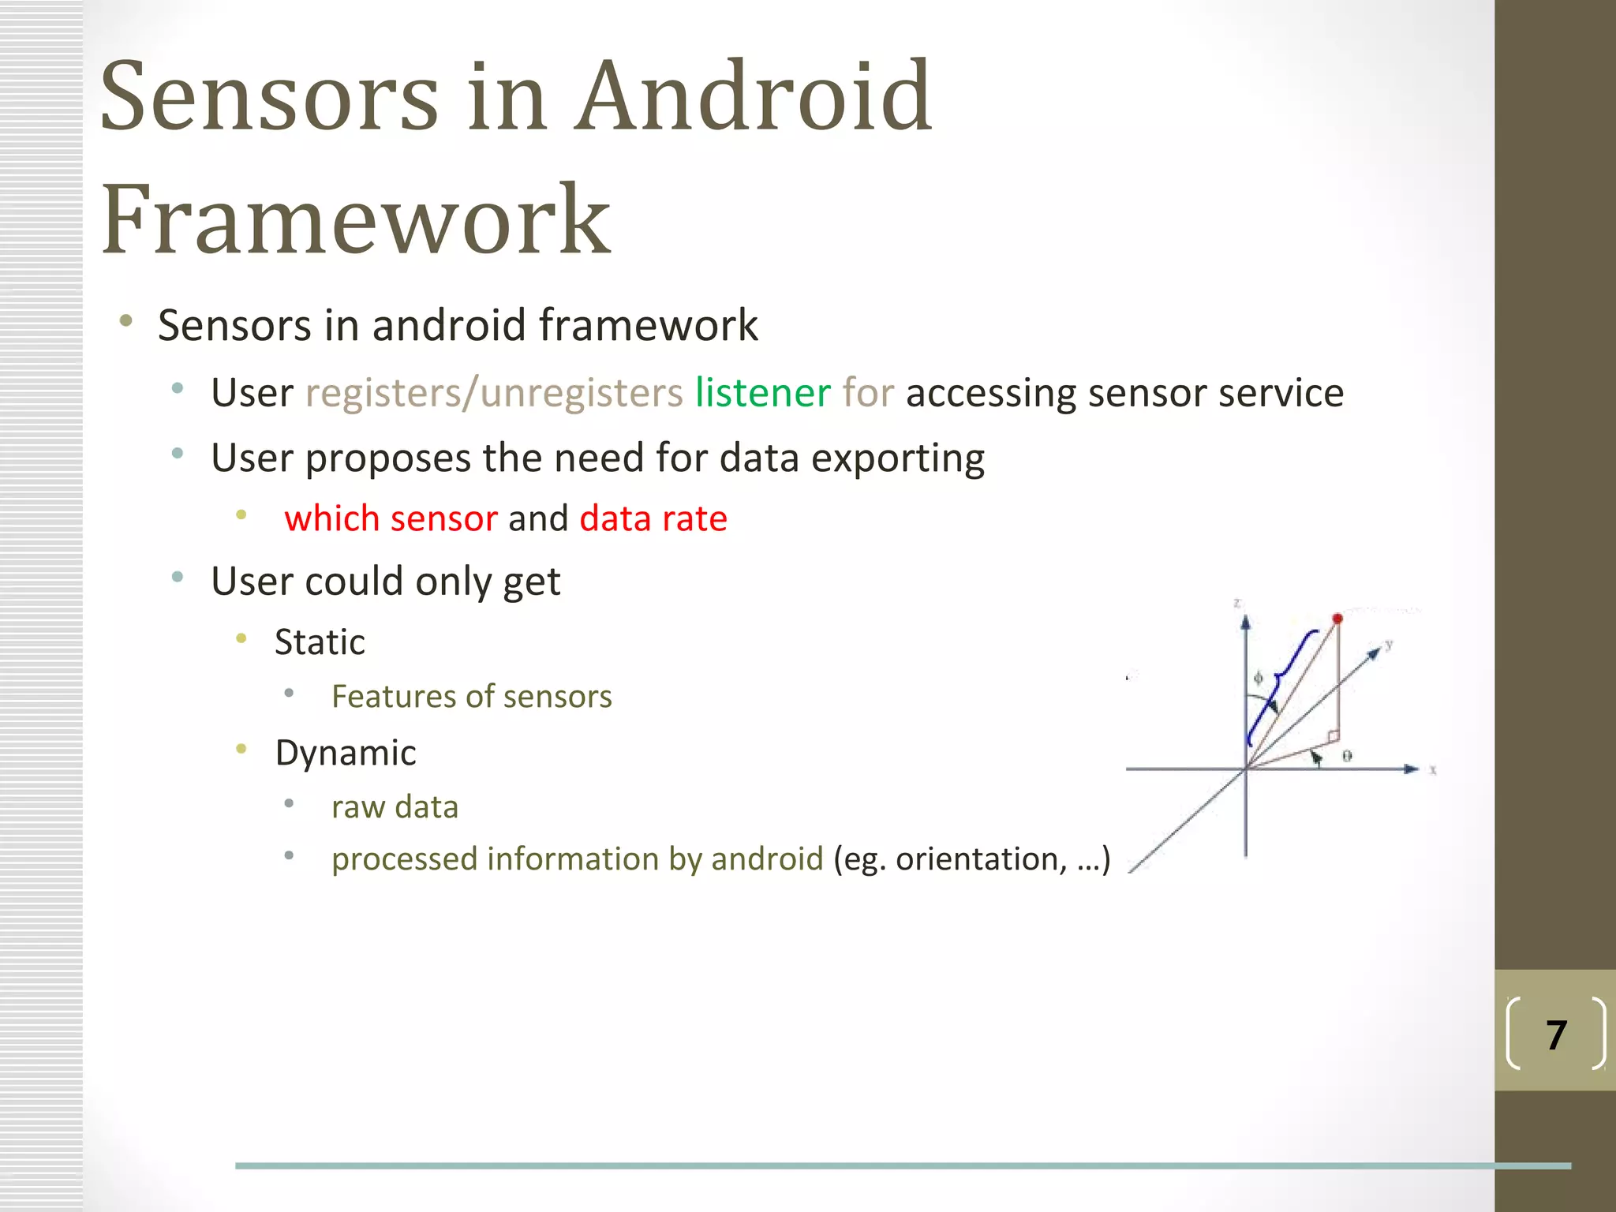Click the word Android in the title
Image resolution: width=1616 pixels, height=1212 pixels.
754,96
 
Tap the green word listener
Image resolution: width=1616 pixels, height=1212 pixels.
762,392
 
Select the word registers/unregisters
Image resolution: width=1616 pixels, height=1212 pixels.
494,392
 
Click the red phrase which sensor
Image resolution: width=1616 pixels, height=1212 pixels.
391,518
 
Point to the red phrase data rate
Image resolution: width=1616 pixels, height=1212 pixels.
653,518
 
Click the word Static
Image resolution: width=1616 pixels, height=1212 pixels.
320,642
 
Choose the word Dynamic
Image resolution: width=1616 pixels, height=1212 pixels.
346,752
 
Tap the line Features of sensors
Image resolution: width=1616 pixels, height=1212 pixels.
471,696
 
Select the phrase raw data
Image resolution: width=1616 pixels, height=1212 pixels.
395,806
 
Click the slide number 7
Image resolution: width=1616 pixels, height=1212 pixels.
1556,1034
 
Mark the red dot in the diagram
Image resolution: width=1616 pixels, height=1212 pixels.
1337,619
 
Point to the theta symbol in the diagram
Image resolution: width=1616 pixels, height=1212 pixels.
1347,756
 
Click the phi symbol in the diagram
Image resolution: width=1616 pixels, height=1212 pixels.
1259,677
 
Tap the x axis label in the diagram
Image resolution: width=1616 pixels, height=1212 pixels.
1433,769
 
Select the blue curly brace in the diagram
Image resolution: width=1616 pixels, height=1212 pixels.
1280,683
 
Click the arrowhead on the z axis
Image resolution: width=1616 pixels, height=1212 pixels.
1245,623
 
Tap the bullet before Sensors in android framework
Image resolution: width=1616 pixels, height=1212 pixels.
125,320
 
